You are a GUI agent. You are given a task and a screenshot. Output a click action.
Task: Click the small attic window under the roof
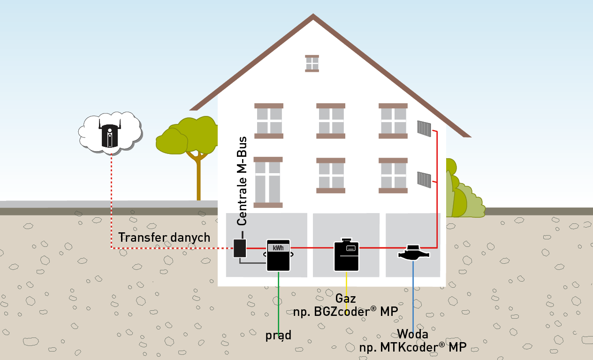coord(312,63)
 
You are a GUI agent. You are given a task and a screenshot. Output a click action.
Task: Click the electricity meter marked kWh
coord(278,255)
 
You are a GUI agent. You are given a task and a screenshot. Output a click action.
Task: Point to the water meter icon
coord(413,253)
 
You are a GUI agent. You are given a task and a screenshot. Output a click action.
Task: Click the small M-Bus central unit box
coord(240,248)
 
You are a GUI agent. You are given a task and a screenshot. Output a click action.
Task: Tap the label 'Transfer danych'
coord(164,237)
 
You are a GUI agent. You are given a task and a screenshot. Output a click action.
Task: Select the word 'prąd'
coord(278,335)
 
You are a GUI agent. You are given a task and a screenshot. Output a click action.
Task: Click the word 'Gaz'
coord(346,298)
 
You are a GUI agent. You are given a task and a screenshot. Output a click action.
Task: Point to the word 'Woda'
coord(412,334)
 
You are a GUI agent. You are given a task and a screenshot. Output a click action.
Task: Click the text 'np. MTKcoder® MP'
coord(412,348)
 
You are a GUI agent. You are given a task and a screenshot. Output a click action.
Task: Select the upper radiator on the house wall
coord(424,128)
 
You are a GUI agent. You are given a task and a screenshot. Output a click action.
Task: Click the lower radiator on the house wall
coord(424,179)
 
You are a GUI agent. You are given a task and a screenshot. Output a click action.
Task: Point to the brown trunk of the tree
coord(198,178)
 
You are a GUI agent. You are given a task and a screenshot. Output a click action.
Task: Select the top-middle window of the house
coord(332,121)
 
